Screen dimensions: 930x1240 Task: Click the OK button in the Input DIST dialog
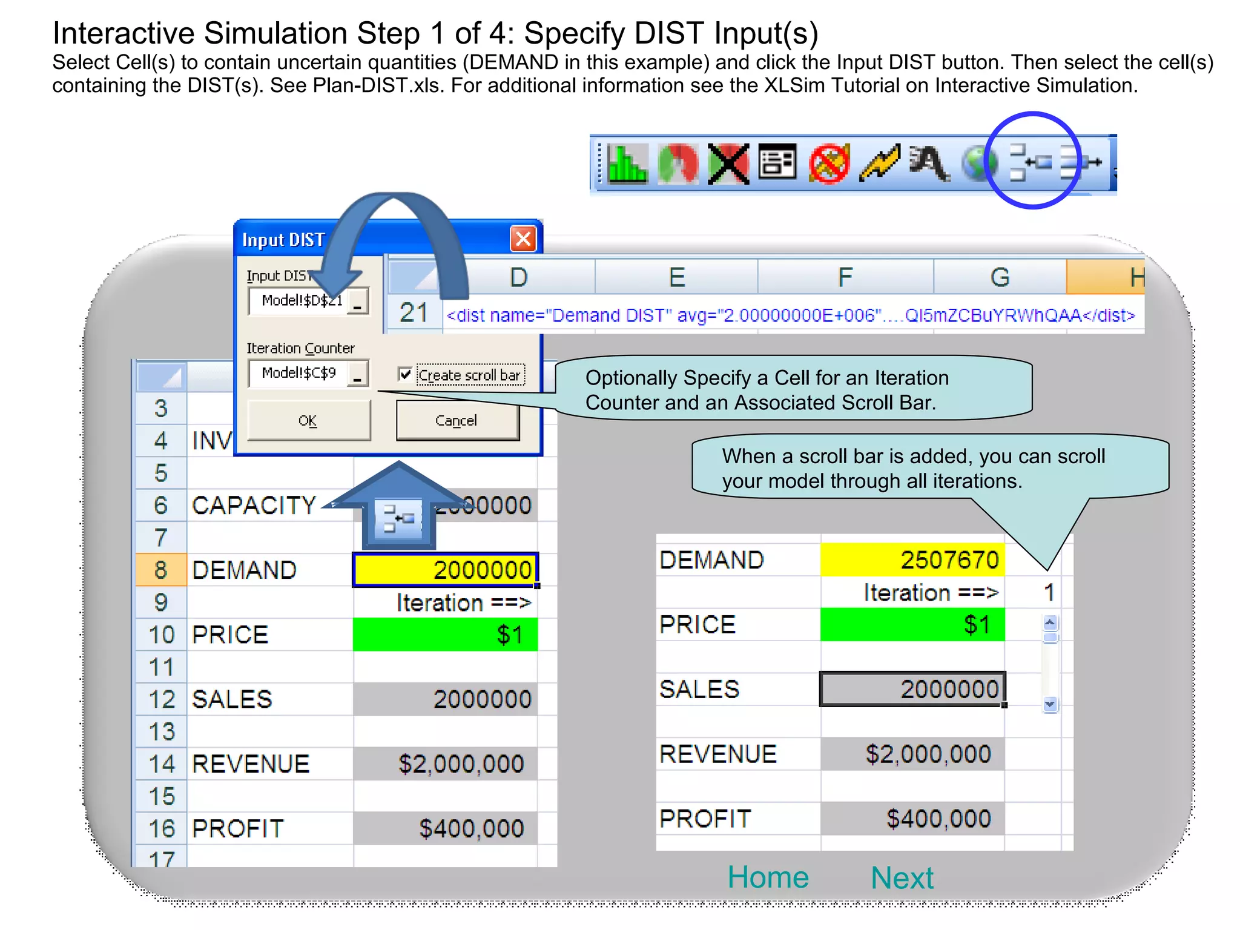click(308, 420)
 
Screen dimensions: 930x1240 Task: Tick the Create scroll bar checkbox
click(405, 375)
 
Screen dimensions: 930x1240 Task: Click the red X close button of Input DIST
click(523, 239)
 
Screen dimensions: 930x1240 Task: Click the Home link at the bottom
click(768, 877)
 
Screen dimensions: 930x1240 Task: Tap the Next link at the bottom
click(902, 878)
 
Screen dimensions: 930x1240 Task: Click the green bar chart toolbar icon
click(627, 163)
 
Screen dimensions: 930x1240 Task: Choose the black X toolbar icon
click(728, 163)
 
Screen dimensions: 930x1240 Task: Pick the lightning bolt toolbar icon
click(879, 163)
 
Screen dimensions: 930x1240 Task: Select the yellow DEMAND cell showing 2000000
click(445, 570)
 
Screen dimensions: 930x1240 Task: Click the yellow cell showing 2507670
click(912, 559)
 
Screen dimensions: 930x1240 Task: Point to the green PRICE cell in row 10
click(445, 635)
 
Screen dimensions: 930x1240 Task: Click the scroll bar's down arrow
click(1050, 704)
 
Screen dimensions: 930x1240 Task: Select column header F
click(845, 277)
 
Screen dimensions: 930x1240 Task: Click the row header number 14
click(162, 764)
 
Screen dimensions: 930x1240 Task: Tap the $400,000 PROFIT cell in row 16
click(445, 828)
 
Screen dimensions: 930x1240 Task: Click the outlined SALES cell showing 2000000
click(912, 689)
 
